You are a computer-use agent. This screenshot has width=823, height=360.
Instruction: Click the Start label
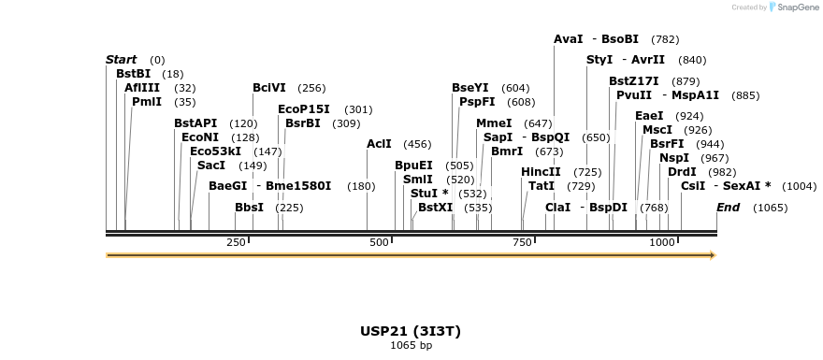(121, 60)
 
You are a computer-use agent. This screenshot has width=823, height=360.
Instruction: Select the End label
(729, 208)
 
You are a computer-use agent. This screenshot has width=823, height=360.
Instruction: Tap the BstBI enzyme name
(133, 74)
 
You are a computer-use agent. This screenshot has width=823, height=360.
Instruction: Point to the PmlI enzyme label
(147, 102)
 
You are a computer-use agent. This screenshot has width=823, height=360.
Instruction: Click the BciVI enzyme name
(269, 88)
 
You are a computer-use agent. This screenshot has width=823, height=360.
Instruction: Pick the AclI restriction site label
(379, 144)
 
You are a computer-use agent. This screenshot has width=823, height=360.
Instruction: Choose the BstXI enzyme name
(435, 208)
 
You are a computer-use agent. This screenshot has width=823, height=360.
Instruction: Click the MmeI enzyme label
(494, 123)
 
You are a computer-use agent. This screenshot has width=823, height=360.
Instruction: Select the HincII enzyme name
(541, 172)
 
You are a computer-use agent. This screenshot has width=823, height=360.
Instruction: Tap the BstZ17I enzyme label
(633, 81)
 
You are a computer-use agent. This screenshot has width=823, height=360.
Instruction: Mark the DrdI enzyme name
(682, 172)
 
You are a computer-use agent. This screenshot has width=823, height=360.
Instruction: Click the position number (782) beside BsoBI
(665, 39)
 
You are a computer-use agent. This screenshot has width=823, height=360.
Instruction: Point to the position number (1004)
(799, 186)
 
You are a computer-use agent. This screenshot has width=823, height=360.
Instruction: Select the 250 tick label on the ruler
(236, 242)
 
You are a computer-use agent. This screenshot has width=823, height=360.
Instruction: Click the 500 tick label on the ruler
(379, 242)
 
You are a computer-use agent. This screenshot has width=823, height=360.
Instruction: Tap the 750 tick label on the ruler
(522, 242)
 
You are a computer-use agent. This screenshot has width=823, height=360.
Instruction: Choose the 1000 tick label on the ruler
(662, 242)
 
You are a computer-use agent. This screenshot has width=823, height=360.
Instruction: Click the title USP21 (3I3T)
(411, 331)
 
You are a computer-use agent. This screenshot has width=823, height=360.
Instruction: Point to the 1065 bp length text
(411, 345)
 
